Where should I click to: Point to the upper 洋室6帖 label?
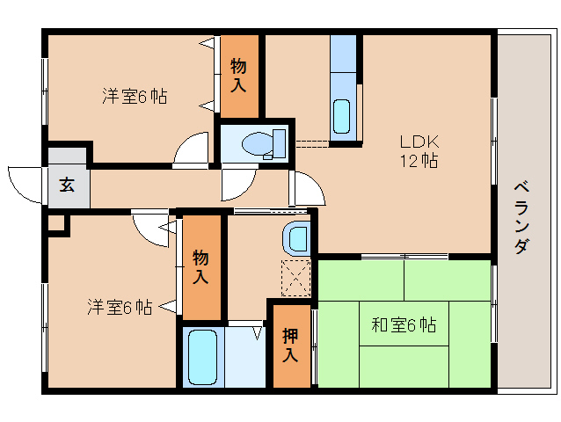tap(134, 96)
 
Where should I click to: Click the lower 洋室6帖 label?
tap(119, 307)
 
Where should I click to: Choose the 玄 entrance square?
tap(68, 185)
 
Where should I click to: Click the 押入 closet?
tap(290, 345)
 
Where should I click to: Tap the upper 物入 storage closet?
tap(239, 76)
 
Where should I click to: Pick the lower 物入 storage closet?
tap(201, 267)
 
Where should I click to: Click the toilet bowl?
tap(261, 143)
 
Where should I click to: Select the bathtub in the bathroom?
tap(202, 357)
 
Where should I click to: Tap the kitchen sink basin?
tap(341, 114)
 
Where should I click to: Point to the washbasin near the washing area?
tap(297, 237)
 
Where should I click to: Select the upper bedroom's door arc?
tap(191, 151)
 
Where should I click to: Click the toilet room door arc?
tap(236, 184)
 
